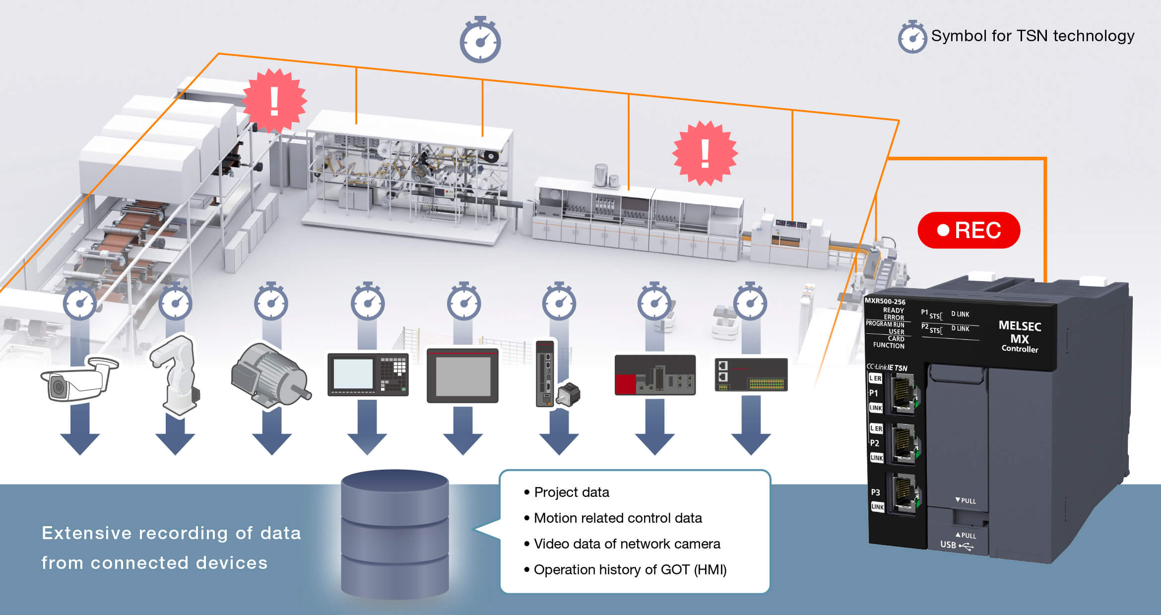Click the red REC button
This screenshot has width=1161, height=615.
968,230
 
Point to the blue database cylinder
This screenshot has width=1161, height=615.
395,533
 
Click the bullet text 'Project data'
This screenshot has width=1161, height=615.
571,492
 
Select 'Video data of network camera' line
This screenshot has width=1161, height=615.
627,544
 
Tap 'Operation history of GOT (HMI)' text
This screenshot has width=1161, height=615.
630,569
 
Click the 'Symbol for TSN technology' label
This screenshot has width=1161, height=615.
1032,36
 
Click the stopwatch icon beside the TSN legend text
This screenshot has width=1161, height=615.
912,37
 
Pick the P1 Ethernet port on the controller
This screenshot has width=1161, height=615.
903,393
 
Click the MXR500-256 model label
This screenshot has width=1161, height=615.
885,301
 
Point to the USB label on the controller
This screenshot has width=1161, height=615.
948,545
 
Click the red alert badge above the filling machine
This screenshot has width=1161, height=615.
705,153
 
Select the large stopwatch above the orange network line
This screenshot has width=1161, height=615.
480,41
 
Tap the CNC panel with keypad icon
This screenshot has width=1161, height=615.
368,374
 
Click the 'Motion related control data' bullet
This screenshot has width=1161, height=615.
618,518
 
